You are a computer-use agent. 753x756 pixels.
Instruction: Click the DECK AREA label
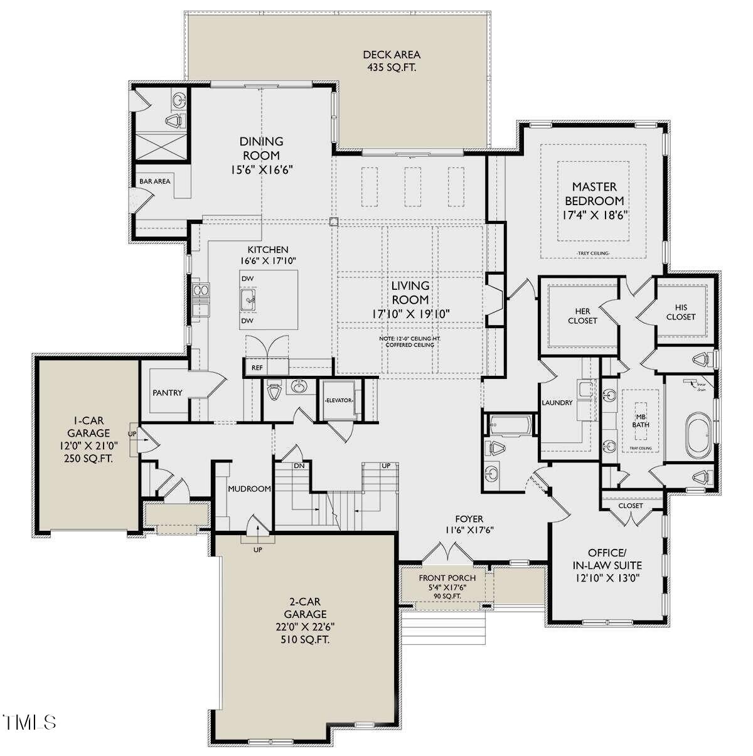pyautogui.click(x=391, y=55)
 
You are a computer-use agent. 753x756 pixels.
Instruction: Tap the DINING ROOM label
pyautogui.click(x=261, y=149)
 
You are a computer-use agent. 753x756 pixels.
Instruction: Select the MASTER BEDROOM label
pyautogui.click(x=594, y=193)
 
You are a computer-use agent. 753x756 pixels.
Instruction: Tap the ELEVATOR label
pyautogui.click(x=339, y=400)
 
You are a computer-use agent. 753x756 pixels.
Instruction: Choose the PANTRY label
pyautogui.click(x=167, y=393)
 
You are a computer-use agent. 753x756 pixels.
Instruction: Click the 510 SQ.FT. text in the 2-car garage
pyautogui.click(x=305, y=640)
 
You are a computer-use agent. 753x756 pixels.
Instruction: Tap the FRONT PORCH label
pyautogui.click(x=447, y=578)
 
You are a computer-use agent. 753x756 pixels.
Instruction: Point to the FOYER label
pyautogui.click(x=469, y=519)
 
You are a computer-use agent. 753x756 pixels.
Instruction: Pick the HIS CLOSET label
pyautogui.click(x=681, y=312)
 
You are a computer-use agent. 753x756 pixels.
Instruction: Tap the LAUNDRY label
pyautogui.click(x=557, y=403)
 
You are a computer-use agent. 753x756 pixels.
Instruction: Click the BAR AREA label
pyautogui.click(x=154, y=181)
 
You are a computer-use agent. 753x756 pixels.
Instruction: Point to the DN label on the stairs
pyautogui.click(x=299, y=466)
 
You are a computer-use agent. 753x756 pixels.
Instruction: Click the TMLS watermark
pyautogui.click(x=29, y=722)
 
